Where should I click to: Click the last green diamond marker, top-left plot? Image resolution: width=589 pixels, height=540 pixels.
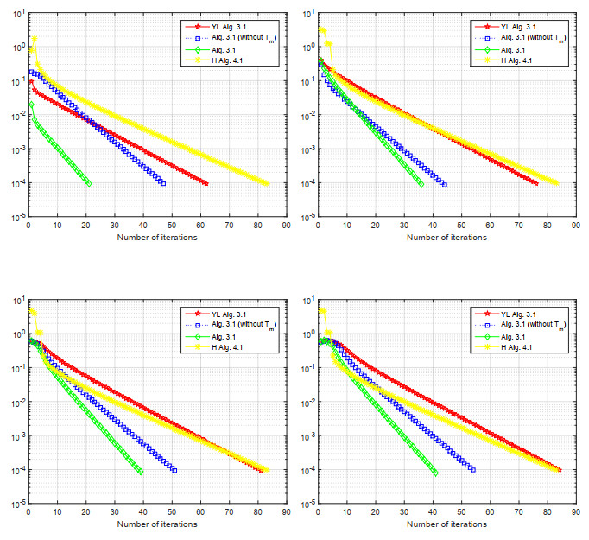coord(88,183)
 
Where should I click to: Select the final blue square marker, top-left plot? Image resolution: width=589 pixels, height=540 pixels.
coord(162,183)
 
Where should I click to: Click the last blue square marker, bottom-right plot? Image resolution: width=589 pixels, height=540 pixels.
coord(472,470)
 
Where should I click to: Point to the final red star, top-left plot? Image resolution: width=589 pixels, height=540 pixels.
coord(206,183)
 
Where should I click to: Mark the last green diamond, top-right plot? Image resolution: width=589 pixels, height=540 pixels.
coord(421,183)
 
